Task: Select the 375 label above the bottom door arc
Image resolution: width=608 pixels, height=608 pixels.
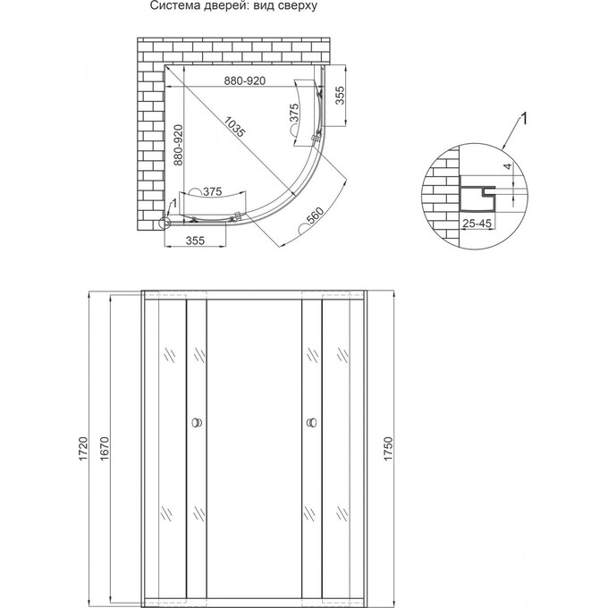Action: (x=212, y=190)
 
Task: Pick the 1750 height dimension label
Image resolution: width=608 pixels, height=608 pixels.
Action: (x=387, y=445)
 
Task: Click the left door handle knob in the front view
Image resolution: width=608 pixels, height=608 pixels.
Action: (x=196, y=422)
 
